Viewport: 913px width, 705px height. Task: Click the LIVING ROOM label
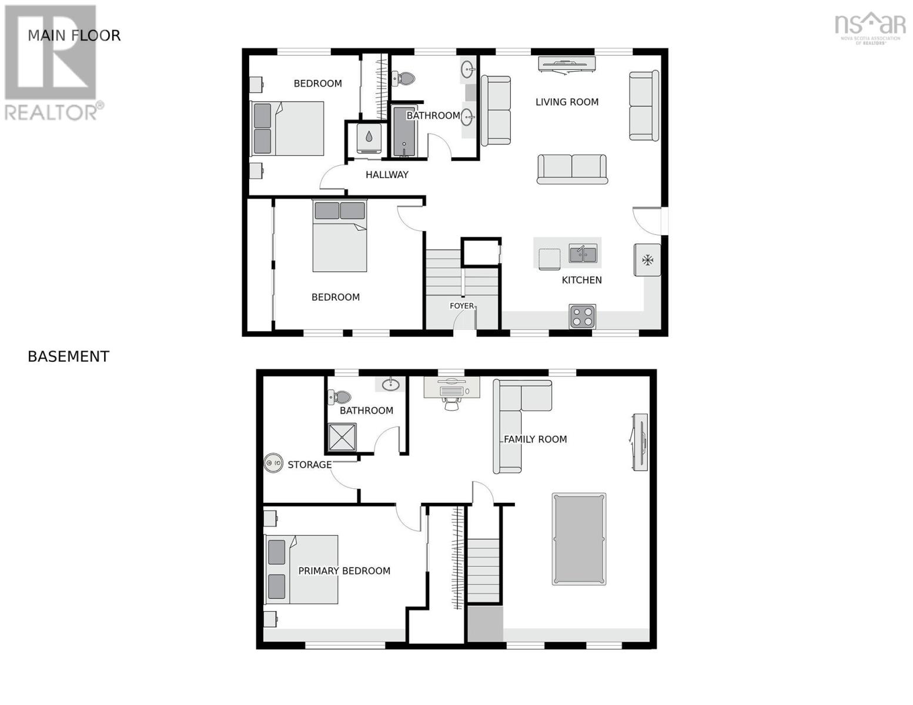567,102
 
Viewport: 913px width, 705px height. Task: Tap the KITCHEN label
581,280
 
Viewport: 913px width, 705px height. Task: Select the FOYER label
461,306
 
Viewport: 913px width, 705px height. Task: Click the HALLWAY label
387,174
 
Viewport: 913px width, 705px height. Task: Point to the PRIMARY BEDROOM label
344,571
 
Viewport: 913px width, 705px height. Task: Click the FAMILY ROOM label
535,439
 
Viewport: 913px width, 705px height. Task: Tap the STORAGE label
309,465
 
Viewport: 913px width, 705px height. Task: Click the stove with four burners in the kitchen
582,316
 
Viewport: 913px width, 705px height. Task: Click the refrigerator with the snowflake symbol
647,260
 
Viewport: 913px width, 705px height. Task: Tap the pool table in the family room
578,539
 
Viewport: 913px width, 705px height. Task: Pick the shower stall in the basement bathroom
342,437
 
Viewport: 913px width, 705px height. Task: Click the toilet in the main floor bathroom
403,78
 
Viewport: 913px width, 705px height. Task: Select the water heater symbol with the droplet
369,137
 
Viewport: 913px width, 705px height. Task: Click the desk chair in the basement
452,404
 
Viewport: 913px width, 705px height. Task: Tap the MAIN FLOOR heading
74,36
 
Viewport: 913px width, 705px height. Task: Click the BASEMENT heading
68,357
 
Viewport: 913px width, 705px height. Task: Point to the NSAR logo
869,27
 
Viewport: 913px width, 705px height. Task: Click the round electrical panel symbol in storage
273,463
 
